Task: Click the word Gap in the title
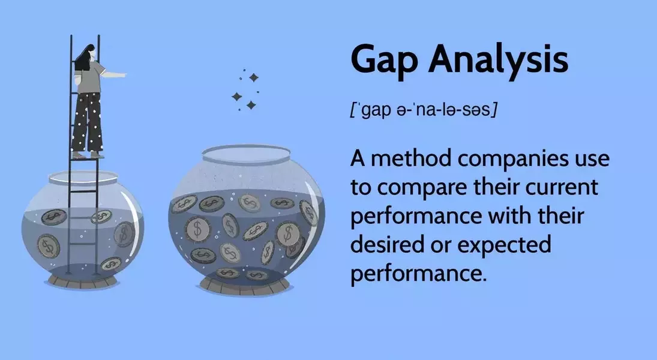(x=384, y=59)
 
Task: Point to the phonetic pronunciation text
(x=424, y=110)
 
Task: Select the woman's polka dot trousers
(x=87, y=122)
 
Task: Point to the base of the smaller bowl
(x=82, y=280)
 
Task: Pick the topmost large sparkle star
(x=253, y=77)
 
